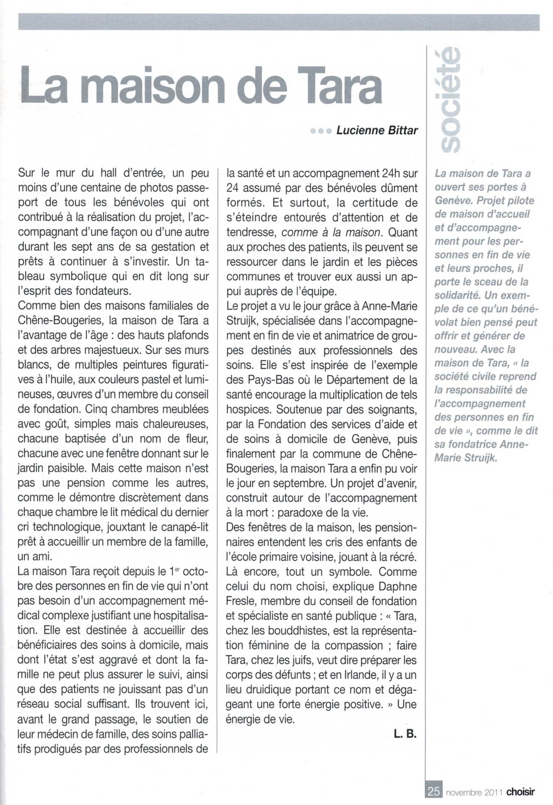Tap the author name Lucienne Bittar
coord(377,130)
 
